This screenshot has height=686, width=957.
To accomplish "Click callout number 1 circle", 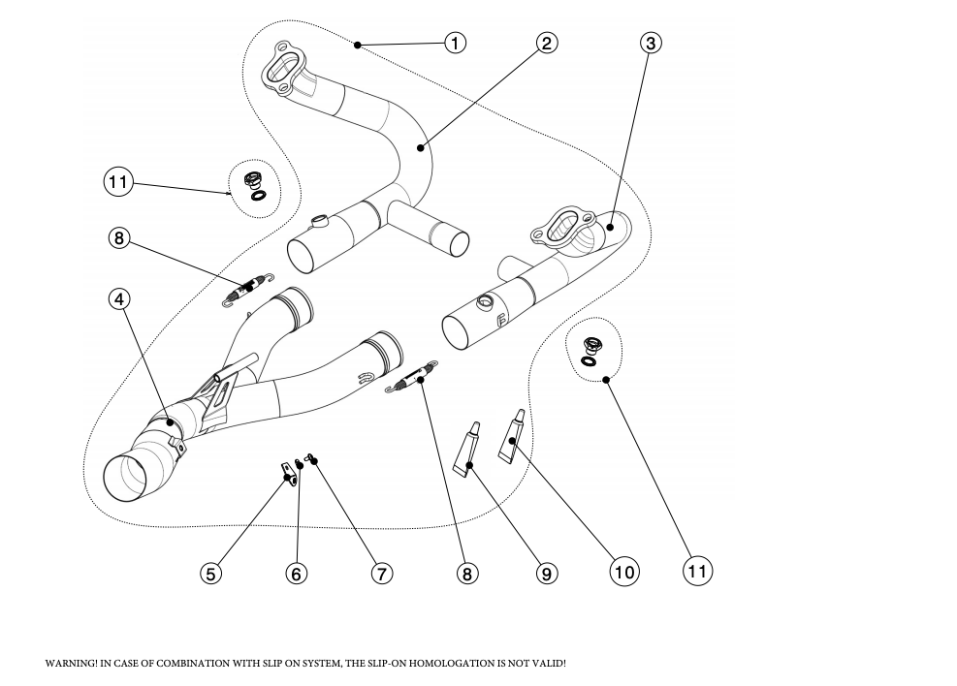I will tap(456, 43).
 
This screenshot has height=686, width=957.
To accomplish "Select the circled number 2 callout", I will tap(547, 43).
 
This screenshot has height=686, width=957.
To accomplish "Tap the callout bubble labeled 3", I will tap(652, 43).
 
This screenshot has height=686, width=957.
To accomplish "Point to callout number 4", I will tap(119, 299).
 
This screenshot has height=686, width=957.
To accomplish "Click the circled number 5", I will tap(210, 573).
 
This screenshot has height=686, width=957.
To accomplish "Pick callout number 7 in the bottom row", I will tap(382, 573).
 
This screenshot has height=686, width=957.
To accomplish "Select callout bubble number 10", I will tap(624, 572).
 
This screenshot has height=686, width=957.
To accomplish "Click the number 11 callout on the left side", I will tap(118, 181).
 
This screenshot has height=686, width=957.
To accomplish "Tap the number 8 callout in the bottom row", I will tap(467, 573).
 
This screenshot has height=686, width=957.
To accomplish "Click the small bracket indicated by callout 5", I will tap(286, 473).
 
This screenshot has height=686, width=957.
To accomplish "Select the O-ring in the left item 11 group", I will tap(259, 195).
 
